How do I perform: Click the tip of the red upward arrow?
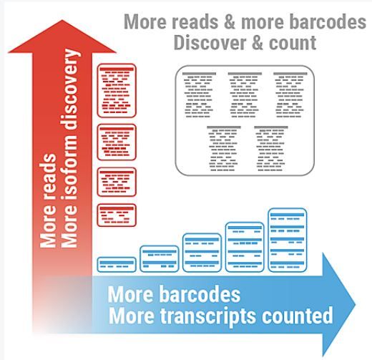(62, 20)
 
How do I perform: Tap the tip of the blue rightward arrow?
(356, 304)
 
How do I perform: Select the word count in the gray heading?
(293, 44)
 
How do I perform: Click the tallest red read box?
(117, 91)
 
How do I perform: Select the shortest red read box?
(117, 215)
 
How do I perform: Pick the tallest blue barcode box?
(288, 240)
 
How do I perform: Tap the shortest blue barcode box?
(117, 265)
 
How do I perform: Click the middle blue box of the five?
(202, 253)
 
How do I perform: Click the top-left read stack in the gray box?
(199, 95)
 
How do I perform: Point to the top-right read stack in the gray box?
(290, 95)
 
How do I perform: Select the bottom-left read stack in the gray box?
(224, 149)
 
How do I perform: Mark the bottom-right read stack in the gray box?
(271, 149)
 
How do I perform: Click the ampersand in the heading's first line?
(230, 22)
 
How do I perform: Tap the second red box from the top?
(117, 142)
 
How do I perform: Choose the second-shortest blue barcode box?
(160, 259)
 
